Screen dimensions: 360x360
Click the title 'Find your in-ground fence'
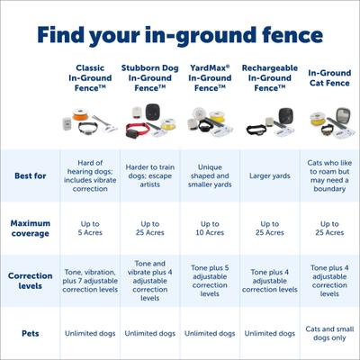point(180,36)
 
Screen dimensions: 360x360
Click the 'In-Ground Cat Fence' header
point(329,77)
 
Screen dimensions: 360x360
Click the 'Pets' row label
point(30,333)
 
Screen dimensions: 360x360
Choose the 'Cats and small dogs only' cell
point(329,333)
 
